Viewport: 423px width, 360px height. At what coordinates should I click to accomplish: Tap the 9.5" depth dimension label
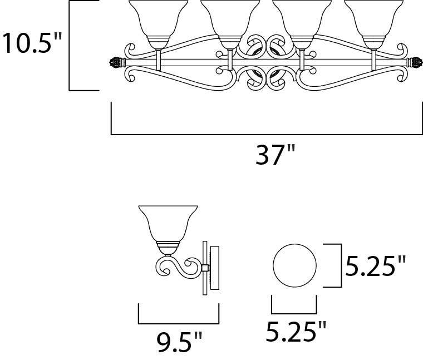pyautogui.click(x=179, y=342)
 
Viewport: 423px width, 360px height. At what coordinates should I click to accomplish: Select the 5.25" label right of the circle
pyautogui.click(x=376, y=266)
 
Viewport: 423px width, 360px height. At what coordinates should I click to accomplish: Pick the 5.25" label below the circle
pyautogui.click(x=296, y=331)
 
